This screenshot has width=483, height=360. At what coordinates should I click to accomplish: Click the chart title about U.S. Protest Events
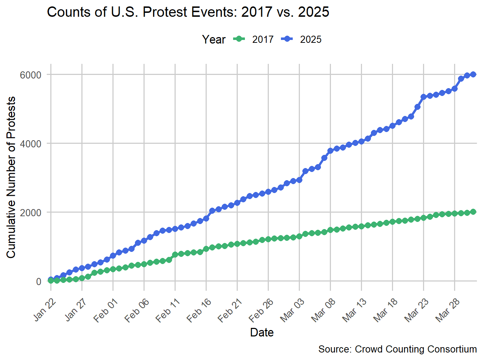point(188,12)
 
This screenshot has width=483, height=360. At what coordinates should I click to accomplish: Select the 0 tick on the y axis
point(39,282)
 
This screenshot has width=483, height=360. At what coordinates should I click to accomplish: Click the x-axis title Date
point(262,333)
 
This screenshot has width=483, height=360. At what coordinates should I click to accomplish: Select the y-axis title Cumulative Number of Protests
point(11,177)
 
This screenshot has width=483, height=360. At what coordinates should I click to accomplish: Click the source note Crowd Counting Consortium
point(397,349)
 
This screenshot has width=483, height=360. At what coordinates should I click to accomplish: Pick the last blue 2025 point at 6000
point(473,74)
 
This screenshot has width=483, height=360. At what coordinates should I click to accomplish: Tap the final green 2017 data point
point(473,212)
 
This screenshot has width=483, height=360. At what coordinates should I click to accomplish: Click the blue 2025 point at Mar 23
point(423,97)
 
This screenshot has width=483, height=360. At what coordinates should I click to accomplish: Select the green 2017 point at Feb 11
point(175,254)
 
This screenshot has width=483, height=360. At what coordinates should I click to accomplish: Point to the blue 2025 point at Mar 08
point(330,151)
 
